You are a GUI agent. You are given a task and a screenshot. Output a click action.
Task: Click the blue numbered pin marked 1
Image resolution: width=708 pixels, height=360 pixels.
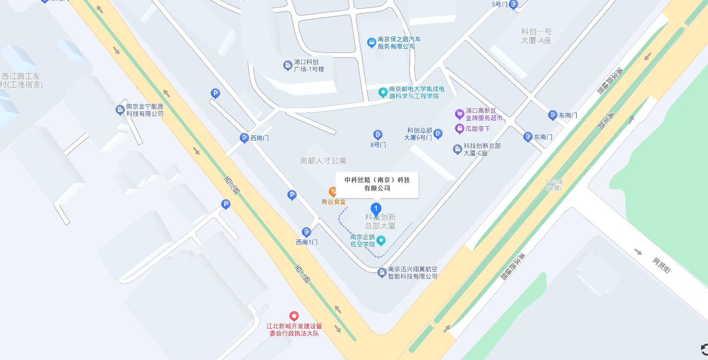click(x=376, y=208)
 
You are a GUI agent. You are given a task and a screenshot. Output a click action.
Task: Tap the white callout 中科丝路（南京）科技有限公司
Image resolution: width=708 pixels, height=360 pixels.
click(x=377, y=184)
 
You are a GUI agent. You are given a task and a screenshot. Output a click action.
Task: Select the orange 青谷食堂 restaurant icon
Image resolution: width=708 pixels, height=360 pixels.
click(x=332, y=192)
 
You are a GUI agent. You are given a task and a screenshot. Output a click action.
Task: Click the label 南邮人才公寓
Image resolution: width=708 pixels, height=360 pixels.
click(x=323, y=161)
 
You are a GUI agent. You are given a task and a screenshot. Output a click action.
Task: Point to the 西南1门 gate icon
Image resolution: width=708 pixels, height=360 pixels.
click(x=306, y=232)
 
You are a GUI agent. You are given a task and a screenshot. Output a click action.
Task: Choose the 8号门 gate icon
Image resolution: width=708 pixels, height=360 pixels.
click(x=378, y=135)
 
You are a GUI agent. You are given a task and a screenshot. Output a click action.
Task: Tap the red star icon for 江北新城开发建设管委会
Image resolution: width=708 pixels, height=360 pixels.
click(x=294, y=317)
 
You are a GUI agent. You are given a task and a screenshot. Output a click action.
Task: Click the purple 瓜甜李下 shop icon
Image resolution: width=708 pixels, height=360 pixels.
click(x=459, y=129)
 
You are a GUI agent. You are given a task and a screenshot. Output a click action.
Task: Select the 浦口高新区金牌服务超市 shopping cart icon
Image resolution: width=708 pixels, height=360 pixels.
click(x=459, y=114)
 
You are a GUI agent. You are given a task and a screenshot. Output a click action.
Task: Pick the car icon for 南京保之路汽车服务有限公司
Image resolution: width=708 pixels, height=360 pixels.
click(x=371, y=42)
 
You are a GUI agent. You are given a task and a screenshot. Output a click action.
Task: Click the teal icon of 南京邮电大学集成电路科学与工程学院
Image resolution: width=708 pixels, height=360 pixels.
click(x=383, y=92)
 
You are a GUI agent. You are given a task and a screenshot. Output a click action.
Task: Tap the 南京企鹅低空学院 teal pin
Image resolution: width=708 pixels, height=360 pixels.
click(x=381, y=241)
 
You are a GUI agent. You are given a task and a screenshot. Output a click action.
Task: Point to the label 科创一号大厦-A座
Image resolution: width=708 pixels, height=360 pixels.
click(x=536, y=36)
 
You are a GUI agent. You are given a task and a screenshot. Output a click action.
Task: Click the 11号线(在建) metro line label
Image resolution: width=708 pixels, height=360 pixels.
click(x=554, y=185)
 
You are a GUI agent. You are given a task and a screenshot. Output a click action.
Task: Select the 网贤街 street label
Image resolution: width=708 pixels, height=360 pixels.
click(x=661, y=265)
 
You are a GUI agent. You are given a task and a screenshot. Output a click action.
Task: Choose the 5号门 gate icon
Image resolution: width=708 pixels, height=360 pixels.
click(x=513, y=5)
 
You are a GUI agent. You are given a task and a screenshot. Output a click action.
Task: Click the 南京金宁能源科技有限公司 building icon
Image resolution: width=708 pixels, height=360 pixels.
click(x=120, y=110)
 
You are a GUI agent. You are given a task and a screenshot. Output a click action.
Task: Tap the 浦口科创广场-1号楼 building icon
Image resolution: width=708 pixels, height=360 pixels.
click(x=287, y=65)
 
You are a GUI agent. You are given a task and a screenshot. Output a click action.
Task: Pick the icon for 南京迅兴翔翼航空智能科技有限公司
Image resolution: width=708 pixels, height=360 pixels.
click(x=382, y=273)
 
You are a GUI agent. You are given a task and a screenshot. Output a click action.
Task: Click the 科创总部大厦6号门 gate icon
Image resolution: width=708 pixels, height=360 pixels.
click(x=438, y=133)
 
